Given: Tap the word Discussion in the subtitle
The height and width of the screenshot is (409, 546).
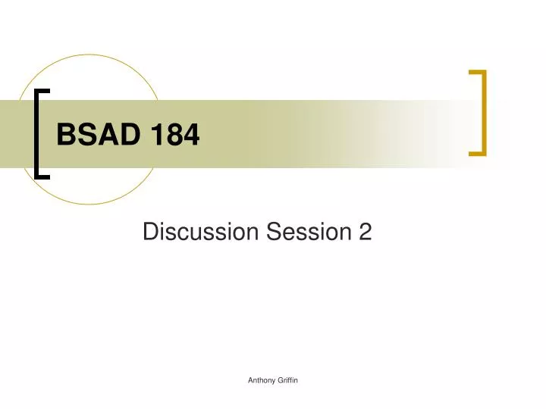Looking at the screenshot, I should pyautogui.click(x=200, y=233).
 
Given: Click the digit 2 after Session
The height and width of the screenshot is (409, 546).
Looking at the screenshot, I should pyautogui.click(x=366, y=233).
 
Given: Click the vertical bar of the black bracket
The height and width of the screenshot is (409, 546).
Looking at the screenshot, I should pyautogui.click(x=38, y=133).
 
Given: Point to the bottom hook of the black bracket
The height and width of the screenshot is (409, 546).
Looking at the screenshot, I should pyautogui.click(x=43, y=176).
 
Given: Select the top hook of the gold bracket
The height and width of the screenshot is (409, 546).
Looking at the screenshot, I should pyautogui.click(x=477, y=73).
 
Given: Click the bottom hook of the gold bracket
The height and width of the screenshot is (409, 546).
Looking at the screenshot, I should pyautogui.click(x=477, y=153).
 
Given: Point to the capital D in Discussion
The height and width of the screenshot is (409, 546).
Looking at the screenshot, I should pyautogui.click(x=149, y=233).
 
